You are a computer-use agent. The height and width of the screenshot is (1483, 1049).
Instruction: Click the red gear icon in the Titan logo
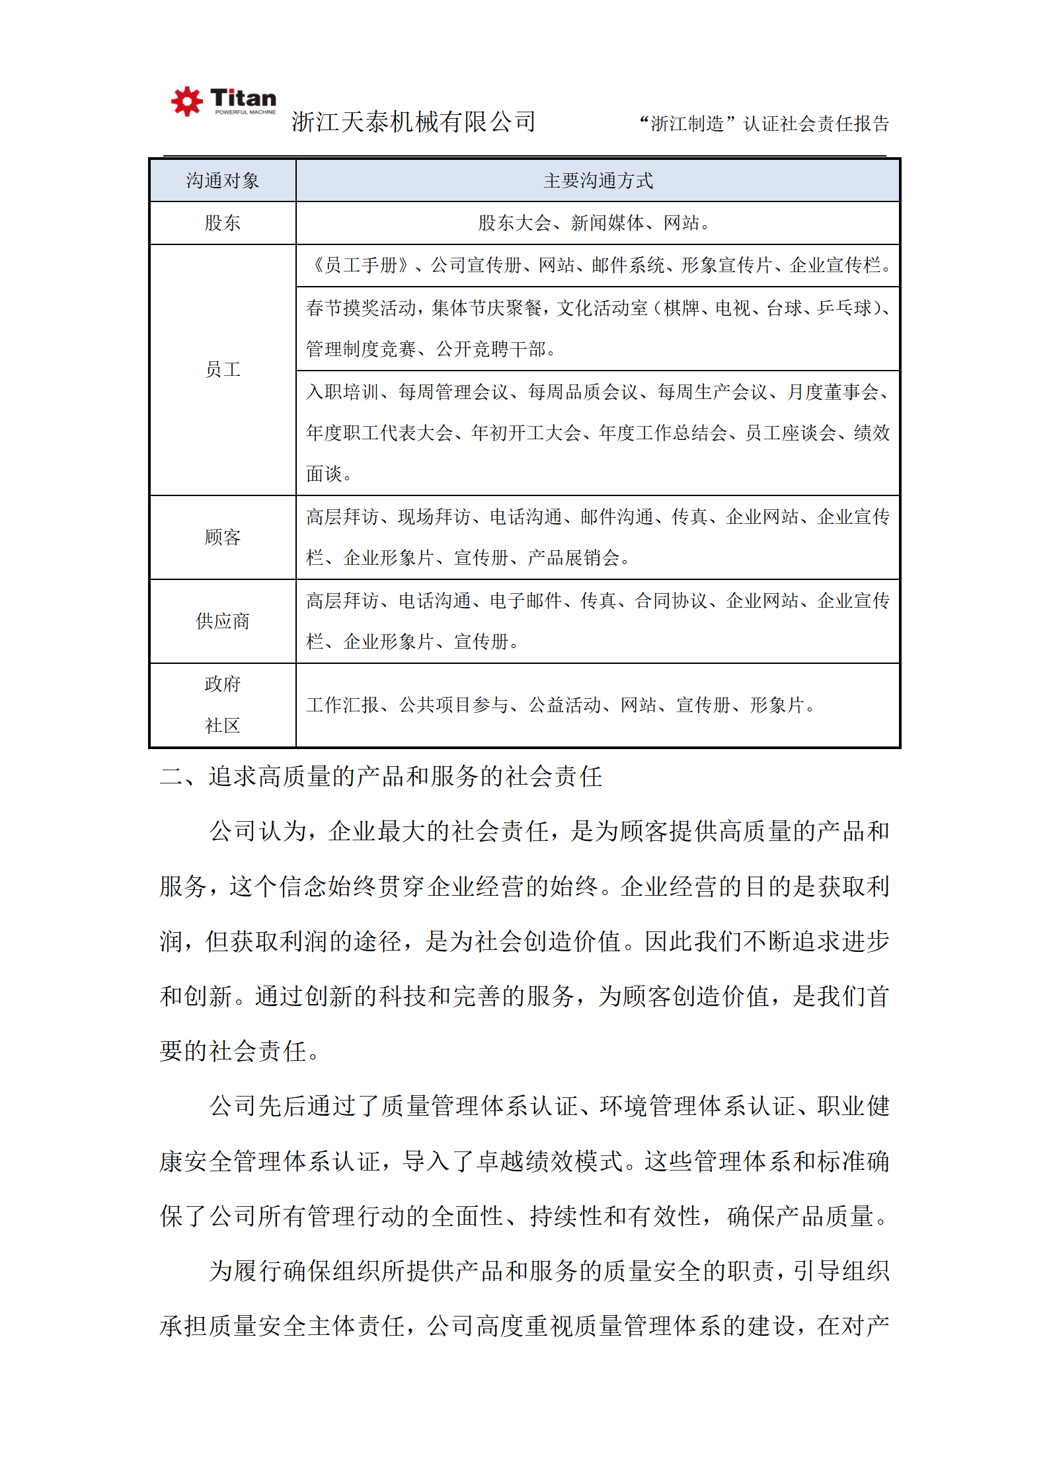[x=187, y=101]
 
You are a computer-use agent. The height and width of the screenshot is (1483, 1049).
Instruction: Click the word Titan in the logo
[x=243, y=98]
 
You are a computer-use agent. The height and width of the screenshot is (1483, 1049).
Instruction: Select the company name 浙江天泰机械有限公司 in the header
[x=414, y=122]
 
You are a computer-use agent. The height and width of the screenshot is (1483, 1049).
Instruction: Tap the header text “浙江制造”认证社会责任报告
[x=764, y=124]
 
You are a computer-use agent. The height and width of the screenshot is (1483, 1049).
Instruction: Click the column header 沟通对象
[x=223, y=180]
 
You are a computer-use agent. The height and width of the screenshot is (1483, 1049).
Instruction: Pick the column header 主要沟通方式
[x=598, y=180]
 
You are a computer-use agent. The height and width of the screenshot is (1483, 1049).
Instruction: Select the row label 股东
[x=223, y=223]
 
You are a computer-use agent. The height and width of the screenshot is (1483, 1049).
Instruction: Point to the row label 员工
[x=223, y=369]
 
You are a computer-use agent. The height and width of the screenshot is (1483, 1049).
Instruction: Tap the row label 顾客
[x=223, y=537]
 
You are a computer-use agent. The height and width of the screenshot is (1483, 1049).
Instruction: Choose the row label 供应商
[x=223, y=621]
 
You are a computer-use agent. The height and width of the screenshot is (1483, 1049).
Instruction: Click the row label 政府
[x=223, y=684]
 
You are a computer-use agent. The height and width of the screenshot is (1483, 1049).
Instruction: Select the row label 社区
[x=223, y=725]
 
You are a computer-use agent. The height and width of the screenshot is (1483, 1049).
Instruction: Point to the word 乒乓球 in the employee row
[x=845, y=308]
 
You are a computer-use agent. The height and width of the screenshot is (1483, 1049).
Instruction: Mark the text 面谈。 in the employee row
[x=329, y=474]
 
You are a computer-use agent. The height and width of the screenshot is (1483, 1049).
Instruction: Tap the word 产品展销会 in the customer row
[x=573, y=558]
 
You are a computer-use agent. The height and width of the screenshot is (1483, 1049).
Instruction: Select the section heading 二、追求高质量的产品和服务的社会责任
[x=381, y=776]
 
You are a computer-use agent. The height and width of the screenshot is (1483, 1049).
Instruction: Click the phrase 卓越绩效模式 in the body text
[x=550, y=1161]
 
